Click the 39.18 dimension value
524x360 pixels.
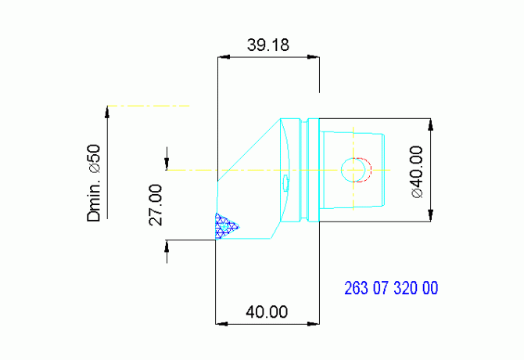click(268, 45)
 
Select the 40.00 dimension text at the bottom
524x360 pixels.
click(267, 311)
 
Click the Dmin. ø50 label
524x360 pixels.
click(95, 182)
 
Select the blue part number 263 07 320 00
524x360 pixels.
click(391, 288)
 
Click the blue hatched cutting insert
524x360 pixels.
click(225, 225)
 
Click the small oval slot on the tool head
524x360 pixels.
click(285, 183)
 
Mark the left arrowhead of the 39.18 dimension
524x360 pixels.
click(221, 58)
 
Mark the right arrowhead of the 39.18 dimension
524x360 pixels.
click(314, 58)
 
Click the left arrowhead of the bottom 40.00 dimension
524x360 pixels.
click(221, 322)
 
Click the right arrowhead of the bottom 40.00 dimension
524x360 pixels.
click(314, 322)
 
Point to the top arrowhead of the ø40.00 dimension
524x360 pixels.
click(429, 123)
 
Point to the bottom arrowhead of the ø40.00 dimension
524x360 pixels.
click(429, 217)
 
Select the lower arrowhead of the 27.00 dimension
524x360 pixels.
click(167, 245)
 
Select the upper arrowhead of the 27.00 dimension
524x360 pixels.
click(167, 164)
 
